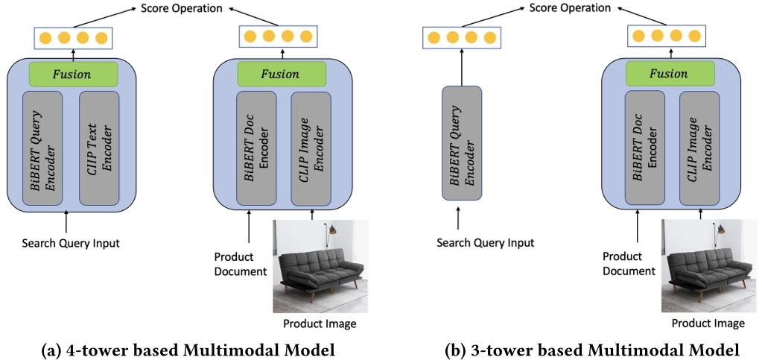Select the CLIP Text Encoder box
pyautogui.click(x=104, y=148)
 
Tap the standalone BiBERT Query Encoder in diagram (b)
pyautogui.click(x=462, y=143)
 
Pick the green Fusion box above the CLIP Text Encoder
pyautogui.click(x=73, y=74)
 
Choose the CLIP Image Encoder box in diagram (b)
pyautogui.click(x=699, y=148)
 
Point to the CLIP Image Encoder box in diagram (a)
pyautogui.click(x=311, y=148)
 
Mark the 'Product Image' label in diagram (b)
pyautogui.click(x=708, y=323)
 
